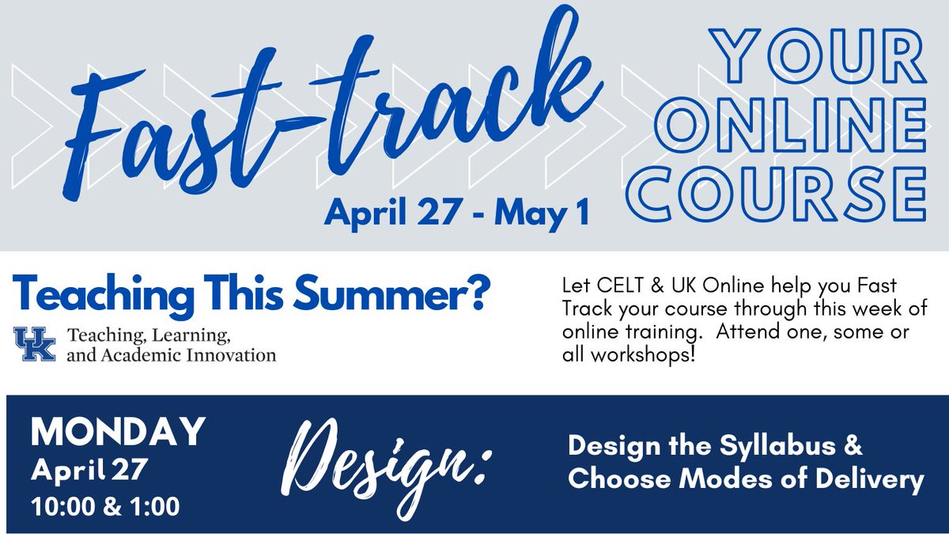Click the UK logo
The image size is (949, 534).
pos(35,346)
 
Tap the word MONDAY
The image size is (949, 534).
pos(118,433)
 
